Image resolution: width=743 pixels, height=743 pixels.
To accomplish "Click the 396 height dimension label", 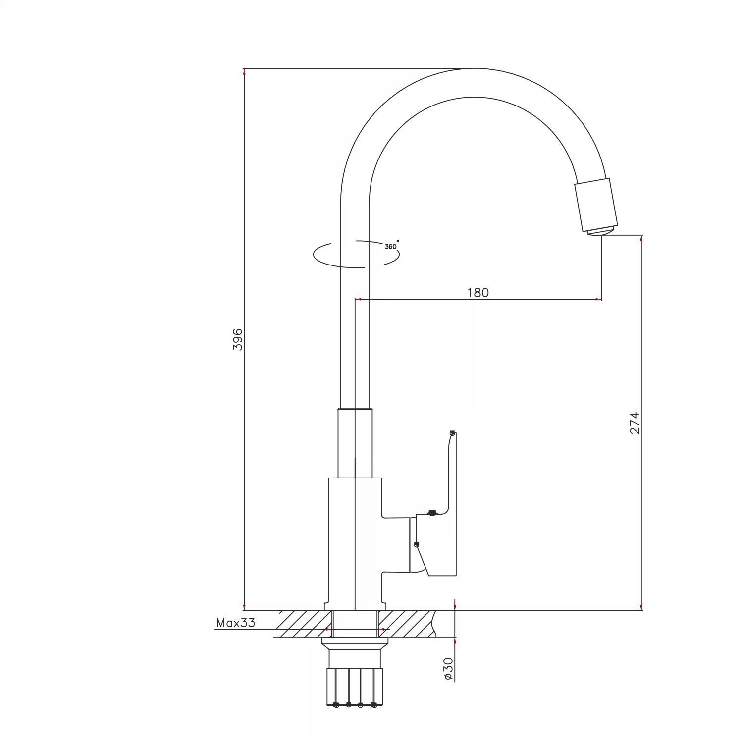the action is click(238, 339).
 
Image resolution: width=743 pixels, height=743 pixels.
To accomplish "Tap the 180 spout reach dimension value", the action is click(478, 293).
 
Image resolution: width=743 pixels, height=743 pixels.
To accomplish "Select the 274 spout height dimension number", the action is click(635, 423).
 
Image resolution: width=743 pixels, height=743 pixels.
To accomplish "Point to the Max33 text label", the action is click(236, 623).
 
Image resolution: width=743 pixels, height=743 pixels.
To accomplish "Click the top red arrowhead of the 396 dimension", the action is click(245, 72).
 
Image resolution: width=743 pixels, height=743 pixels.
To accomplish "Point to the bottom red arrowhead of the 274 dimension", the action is click(642, 607).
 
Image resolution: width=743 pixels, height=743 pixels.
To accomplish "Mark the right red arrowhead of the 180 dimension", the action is click(598, 299).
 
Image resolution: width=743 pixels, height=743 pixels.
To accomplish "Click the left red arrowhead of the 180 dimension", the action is click(359, 299).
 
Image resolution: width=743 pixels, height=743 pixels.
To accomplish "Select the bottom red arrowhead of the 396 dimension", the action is click(245, 607).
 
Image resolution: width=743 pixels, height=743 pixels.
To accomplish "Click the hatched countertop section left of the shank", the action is click(303, 624).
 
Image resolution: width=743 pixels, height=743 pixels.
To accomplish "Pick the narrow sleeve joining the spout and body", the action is click(355, 443).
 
